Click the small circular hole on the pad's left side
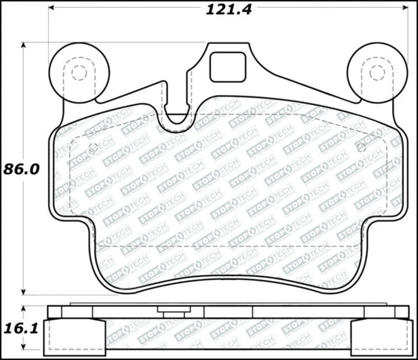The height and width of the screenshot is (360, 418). point(93,148)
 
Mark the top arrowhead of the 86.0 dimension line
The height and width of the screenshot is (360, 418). point(24,45)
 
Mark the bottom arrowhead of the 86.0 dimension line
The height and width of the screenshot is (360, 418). point(24,291)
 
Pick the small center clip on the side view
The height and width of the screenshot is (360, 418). point(165,311)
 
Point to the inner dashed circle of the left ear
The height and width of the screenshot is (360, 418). point(77,73)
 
